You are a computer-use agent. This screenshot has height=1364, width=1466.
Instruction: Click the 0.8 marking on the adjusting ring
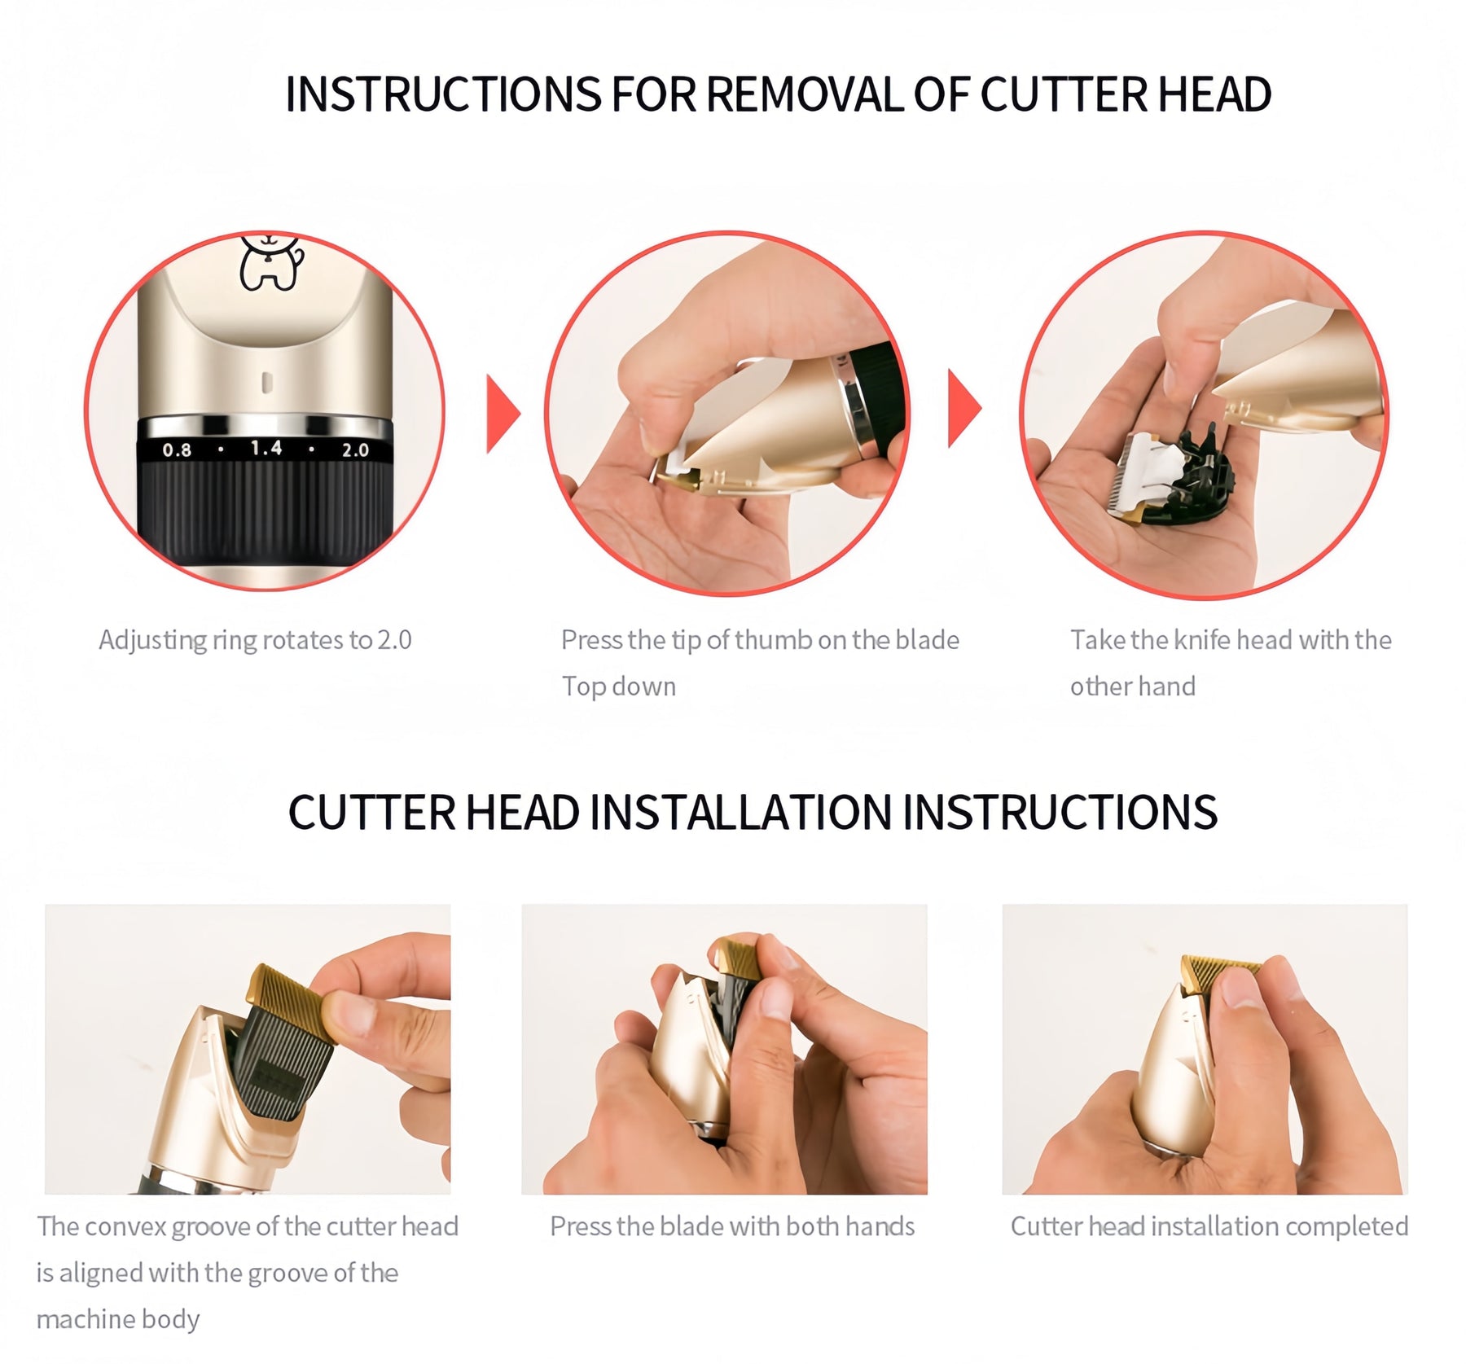click(177, 450)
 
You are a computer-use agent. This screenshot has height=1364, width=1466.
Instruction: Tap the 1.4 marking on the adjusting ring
click(266, 448)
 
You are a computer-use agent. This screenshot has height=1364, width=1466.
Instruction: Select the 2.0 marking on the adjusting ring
click(355, 450)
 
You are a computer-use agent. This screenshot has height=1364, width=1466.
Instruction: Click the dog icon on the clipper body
click(271, 261)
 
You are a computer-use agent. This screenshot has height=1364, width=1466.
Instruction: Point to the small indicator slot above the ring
click(266, 383)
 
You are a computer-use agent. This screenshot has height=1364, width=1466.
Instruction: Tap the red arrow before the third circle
click(964, 408)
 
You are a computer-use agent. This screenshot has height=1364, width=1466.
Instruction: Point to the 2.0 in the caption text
click(394, 641)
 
